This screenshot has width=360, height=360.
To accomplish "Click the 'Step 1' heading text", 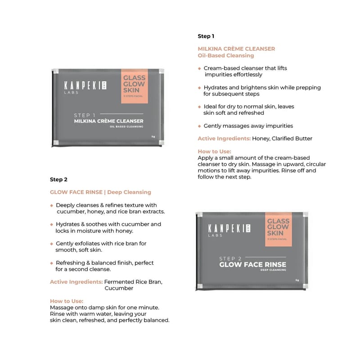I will [206, 36].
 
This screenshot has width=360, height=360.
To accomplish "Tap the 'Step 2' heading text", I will [58, 180].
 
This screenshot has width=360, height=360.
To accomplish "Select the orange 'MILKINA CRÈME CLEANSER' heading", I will [236, 49].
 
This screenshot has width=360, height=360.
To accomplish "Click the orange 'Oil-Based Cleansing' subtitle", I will [226, 56].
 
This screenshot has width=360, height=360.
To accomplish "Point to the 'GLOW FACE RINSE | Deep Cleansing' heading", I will [100, 192].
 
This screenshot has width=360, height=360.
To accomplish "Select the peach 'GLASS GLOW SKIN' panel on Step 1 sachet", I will [134, 86].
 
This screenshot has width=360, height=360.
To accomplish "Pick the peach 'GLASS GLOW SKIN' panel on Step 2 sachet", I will [278, 229].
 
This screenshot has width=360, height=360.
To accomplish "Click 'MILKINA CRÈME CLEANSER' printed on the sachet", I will [108, 121].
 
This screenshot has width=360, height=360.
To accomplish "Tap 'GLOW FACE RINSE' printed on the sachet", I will [252, 264].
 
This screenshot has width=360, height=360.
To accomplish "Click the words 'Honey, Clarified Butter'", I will [282, 139].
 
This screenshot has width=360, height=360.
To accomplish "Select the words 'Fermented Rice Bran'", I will [133, 282].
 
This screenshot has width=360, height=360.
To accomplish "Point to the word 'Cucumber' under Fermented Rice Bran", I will [119, 288].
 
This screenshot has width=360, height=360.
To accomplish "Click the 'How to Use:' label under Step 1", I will [214, 152].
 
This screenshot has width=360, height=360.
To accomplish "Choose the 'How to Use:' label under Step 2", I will [67, 301].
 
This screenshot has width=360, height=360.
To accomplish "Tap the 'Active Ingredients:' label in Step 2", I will [76, 282].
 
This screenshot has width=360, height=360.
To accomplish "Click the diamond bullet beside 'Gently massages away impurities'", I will [200, 126].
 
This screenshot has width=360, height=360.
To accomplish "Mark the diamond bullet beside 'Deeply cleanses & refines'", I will [52, 205].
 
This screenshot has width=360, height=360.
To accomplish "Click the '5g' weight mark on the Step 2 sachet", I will [297, 280].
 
